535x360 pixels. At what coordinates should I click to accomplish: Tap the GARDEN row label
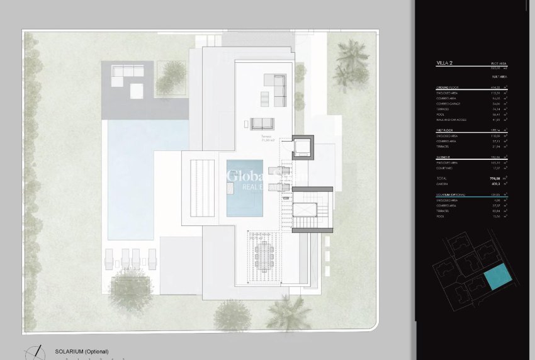point(443,185)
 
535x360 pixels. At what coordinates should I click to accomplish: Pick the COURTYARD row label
point(446,167)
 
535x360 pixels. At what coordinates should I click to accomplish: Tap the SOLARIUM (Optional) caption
point(82,351)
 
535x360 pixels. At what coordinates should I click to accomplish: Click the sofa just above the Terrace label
point(264,123)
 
